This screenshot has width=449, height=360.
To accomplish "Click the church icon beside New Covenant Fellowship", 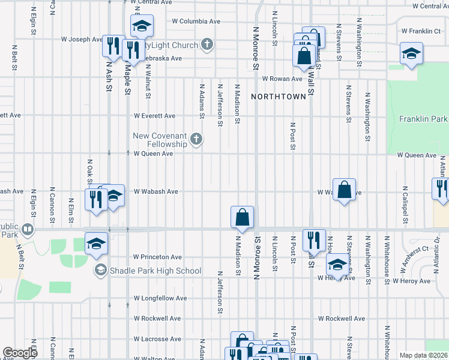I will click(x=196, y=140).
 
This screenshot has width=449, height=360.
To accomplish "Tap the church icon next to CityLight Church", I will click(x=207, y=44).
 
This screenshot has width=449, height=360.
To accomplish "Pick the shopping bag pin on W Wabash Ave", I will click(x=345, y=190).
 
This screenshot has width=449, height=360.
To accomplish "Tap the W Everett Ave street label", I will click(x=154, y=116).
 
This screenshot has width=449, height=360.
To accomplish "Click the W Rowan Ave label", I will click(x=282, y=79).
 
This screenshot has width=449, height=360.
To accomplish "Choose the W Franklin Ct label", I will click(x=421, y=31).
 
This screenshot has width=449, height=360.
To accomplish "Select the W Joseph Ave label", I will click(x=82, y=40).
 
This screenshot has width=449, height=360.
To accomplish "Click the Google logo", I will click(x=20, y=352).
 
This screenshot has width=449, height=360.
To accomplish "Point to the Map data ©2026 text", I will click(x=423, y=355).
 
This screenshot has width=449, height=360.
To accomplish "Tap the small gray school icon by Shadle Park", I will click(x=100, y=271).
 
